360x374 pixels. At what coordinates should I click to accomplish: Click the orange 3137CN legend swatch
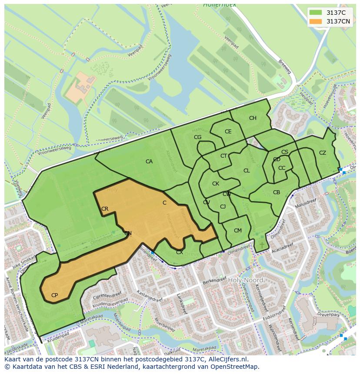click(x=316, y=21)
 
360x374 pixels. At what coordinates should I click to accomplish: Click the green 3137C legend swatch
click(x=316, y=13)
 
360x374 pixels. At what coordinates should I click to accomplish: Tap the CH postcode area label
click(x=253, y=118)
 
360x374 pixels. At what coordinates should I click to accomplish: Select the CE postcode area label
click(x=228, y=132)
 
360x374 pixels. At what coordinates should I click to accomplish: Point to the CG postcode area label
click(x=197, y=137)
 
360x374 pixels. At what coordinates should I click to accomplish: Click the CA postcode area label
click(x=149, y=162)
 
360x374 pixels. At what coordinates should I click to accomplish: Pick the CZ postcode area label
click(x=322, y=153)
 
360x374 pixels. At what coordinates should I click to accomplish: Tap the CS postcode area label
click(x=285, y=152)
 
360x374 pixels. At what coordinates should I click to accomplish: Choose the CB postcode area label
click(x=277, y=192)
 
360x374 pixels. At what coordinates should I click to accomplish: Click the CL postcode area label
click(x=247, y=171)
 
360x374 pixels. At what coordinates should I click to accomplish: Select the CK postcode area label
click(x=216, y=184)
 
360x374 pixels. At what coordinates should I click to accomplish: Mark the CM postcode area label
click(x=237, y=231)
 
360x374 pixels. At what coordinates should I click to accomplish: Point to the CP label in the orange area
click(x=54, y=295)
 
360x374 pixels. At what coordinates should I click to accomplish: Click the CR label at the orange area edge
click(x=105, y=209)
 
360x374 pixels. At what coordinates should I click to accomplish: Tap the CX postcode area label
click(x=179, y=252)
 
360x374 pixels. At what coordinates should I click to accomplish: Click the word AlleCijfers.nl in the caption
click(x=226, y=359)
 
